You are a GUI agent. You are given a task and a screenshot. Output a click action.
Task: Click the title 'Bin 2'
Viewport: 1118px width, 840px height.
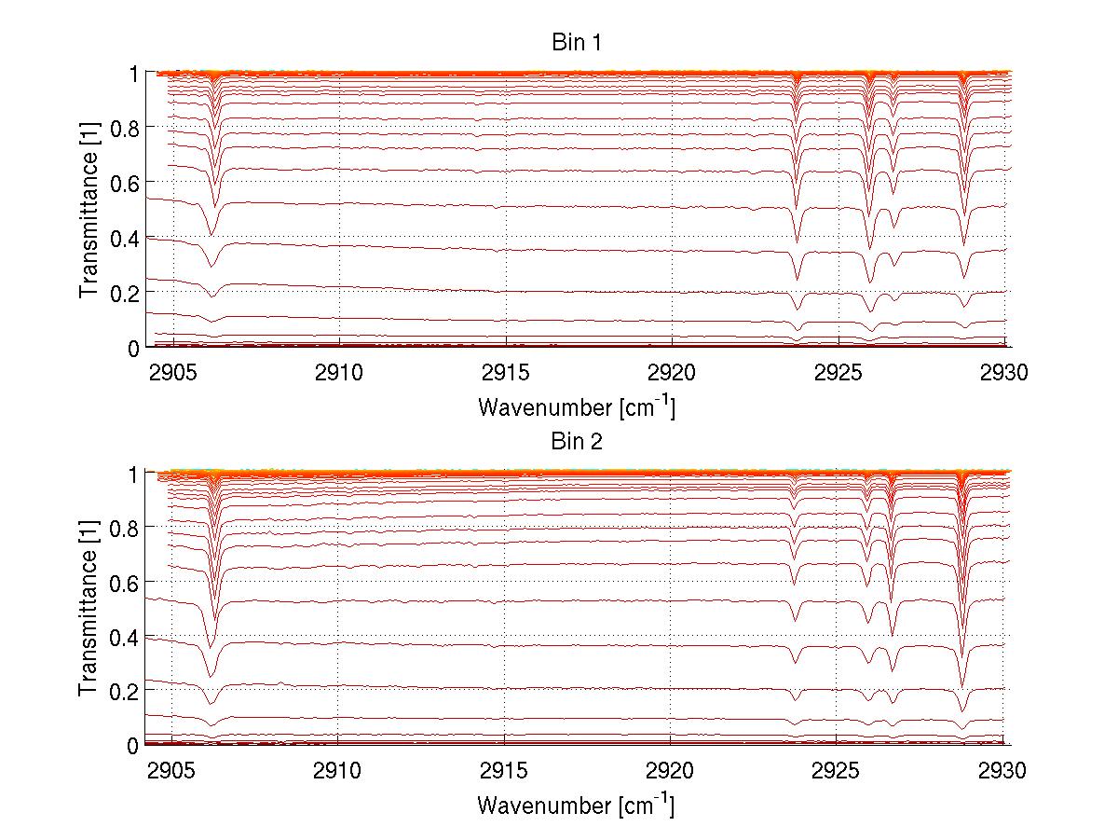tap(577, 442)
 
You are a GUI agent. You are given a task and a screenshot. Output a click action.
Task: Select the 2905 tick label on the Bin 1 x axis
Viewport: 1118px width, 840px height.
tap(172, 373)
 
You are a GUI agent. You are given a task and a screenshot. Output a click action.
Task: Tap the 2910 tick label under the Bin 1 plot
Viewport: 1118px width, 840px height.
tap(338, 373)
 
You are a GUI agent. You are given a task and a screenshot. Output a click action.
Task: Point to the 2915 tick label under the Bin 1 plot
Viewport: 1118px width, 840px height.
tap(505, 373)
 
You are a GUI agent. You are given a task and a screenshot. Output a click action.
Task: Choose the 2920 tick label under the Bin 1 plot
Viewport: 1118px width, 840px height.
tap(671, 373)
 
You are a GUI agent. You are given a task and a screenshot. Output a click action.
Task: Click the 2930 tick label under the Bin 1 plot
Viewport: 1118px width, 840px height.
tap(1002, 373)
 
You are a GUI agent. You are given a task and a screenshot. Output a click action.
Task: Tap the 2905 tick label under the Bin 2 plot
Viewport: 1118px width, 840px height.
tap(172, 771)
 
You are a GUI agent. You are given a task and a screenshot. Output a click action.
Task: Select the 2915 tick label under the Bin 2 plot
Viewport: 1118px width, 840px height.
tap(505, 771)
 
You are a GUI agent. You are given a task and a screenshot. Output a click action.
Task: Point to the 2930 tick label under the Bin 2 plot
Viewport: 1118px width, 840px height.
tap(1002, 771)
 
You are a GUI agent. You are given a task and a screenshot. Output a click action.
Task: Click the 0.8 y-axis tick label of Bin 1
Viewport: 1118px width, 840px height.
tap(126, 127)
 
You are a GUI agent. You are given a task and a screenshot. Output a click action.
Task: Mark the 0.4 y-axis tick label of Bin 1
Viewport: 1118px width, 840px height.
tap(126, 237)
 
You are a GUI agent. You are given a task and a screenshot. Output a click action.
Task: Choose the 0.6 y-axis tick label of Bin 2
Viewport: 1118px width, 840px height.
tap(126, 581)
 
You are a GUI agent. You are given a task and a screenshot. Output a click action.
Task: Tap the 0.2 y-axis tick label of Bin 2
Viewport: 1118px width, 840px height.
tap(126, 691)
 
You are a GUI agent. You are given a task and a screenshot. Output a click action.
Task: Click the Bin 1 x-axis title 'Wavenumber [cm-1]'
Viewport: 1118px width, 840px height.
tap(576, 406)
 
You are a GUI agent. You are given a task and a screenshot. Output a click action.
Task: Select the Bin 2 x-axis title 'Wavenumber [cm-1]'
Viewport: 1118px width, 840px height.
tap(576, 804)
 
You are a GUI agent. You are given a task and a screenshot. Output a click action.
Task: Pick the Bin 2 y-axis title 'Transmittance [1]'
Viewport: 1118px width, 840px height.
tap(89, 609)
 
